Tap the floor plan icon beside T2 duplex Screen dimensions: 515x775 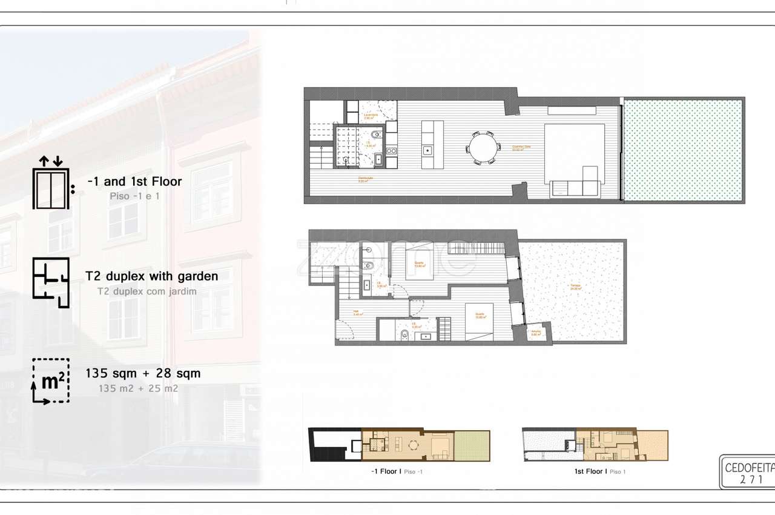click(51, 282)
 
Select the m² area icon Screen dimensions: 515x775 click(51, 380)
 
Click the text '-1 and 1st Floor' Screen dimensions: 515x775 click(134, 181)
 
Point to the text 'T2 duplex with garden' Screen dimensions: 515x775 click(152, 276)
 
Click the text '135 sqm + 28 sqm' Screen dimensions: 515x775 click(143, 373)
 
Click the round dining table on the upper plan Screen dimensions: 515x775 click(483, 147)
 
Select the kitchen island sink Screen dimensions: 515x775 click(427, 149)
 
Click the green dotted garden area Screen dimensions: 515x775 click(682, 150)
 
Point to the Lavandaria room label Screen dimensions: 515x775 click(371, 115)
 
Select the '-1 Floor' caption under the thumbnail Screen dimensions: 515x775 click(382, 471)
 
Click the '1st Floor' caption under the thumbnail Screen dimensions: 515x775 click(589, 471)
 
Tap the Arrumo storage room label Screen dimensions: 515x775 click(536, 333)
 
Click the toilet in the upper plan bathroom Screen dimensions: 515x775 click(377, 135)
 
